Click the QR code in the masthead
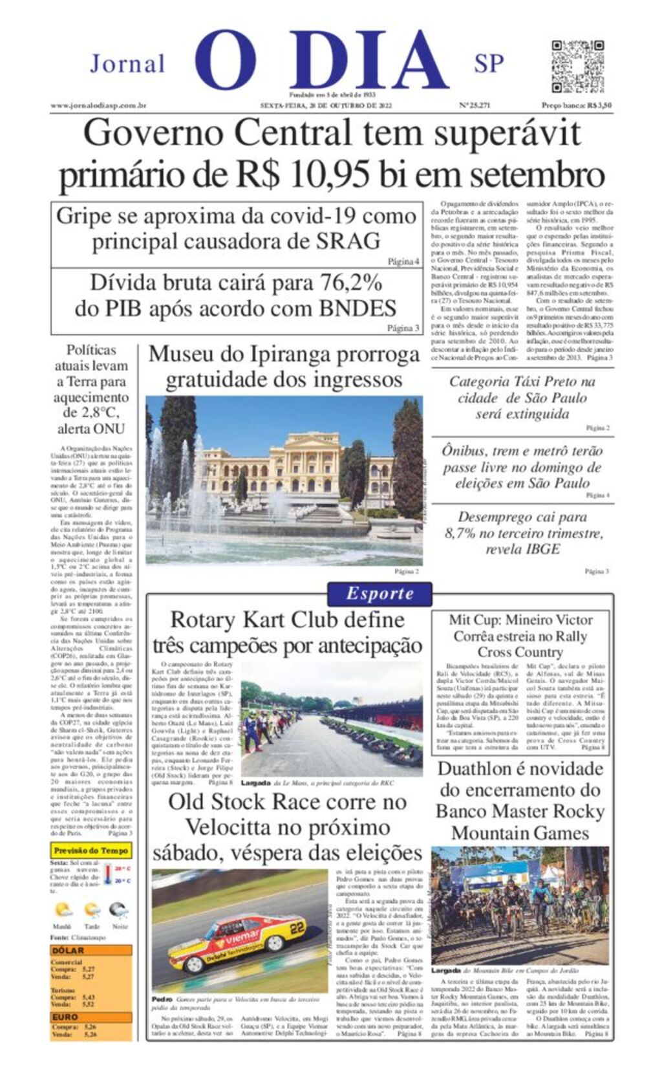[577, 66]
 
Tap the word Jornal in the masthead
[127, 64]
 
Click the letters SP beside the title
[489, 64]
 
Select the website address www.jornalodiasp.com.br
[98, 105]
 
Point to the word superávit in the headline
[507, 134]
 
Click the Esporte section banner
[379, 593]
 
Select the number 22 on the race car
[297, 928]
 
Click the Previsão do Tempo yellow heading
[91, 850]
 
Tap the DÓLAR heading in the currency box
[69, 951]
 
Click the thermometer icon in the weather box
[108, 875]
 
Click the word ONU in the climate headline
[109, 429]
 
